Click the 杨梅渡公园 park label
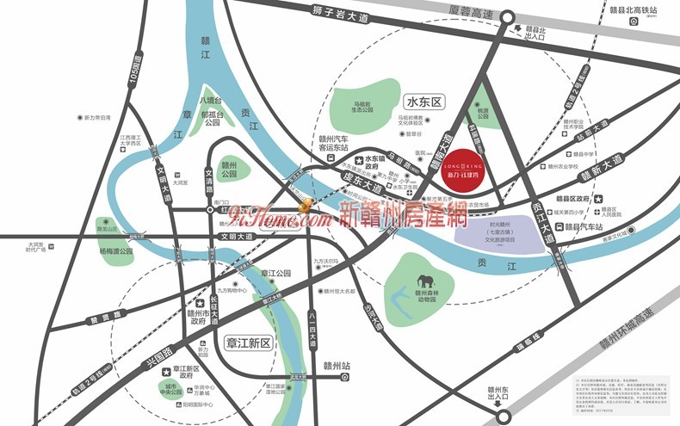[x=116, y=251]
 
